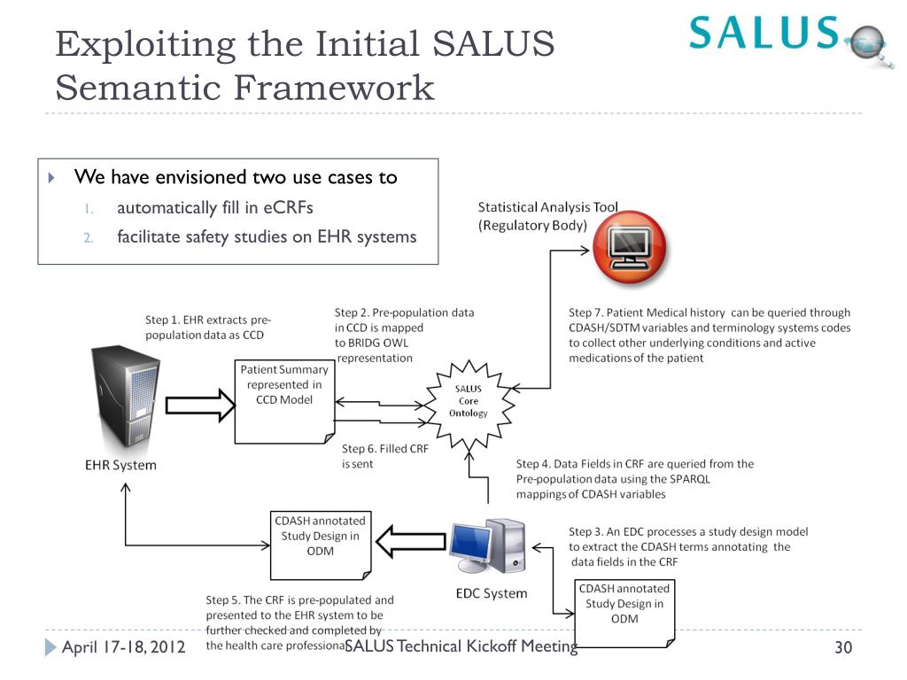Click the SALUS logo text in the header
coord(764,33)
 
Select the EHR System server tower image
coord(125,398)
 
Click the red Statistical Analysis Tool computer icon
coord(630,243)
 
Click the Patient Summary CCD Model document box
coord(283,398)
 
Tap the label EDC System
coord(491,593)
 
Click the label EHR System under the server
coord(120,465)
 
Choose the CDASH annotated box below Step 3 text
coord(624,611)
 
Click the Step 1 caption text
coord(207,327)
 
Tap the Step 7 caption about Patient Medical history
coord(709,335)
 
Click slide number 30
coord(842,648)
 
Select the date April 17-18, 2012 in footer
coord(123,647)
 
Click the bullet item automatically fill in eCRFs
coord(214,208)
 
